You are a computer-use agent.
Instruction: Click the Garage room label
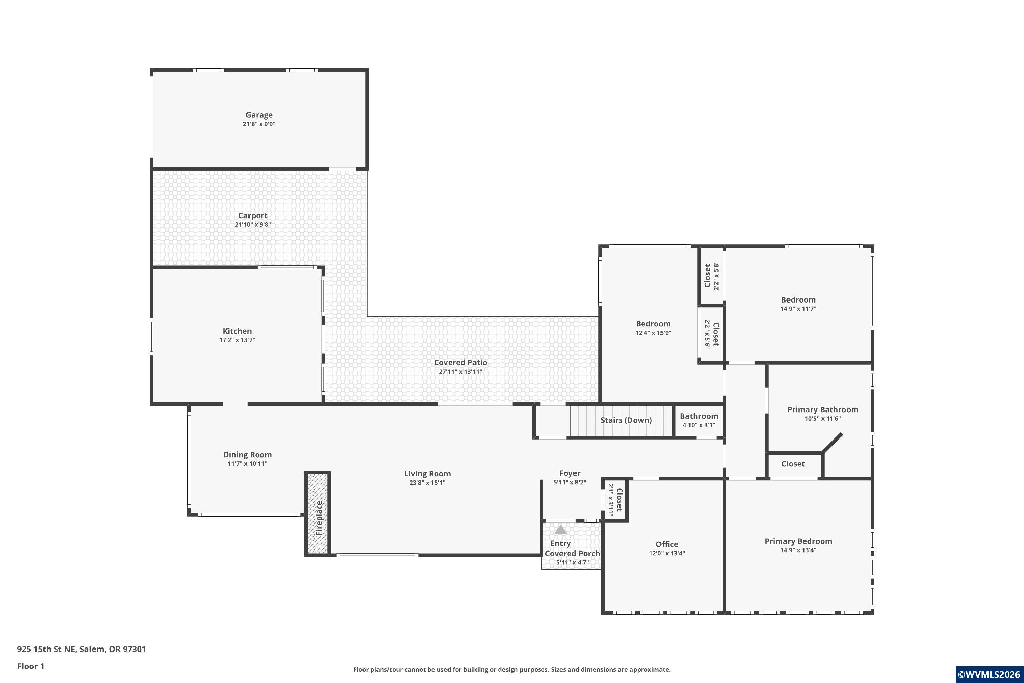pyautogui.click(x=259, y=115)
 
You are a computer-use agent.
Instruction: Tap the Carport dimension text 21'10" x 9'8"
pyautogui.click(x=253, y=225)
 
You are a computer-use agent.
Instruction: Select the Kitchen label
pyautogui.click(x=237, y=331)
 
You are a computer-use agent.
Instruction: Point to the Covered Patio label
pyautogui.click(x=460, y=362)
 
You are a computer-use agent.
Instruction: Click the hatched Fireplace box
pyautogui.click(x=318, y=514)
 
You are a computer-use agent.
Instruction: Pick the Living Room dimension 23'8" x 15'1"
pyautogui.click(x=427, y=483)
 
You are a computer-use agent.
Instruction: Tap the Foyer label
pyautogui.click(x=569, y=473)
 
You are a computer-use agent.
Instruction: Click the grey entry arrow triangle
pyautogui.click(x=560, y=530)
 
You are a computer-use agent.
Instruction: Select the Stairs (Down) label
pyautogui.click(x=626, y=420)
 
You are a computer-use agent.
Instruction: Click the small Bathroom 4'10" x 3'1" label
pyautogui.click(x=699, y=420)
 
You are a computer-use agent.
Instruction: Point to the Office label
pyautogui.click(x=667, y=544)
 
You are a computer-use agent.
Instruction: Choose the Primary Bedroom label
pyautogui.click(x=798, y=541)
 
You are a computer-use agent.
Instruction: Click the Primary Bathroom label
pyautogui.click(x=822, y=410)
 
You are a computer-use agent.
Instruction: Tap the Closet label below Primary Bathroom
pyautogui.click(x=793, y=464)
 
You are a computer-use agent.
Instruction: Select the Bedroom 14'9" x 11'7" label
pyautogui.click(x=798, y=304)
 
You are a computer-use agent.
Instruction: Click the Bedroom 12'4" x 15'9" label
pyautogui.click(x=653, y=327)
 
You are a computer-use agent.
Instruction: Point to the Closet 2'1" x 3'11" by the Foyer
pyautogui.click(x=615, y=500)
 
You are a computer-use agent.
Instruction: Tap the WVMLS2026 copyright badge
pyautogui.click(x=990, y=674)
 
